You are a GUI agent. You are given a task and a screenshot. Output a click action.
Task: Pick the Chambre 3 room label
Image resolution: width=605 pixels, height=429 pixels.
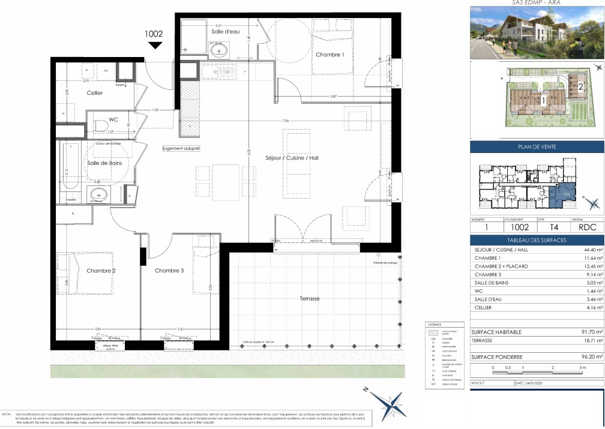tap(169, 271)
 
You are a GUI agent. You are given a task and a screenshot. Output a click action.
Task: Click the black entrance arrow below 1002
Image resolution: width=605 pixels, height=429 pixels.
tap(155, 45)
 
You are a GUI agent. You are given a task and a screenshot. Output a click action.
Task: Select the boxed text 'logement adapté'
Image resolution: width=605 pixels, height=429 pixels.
tap(181, 148)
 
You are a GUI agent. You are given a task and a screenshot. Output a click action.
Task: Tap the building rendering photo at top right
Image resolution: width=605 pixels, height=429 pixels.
tap(536, 33)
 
